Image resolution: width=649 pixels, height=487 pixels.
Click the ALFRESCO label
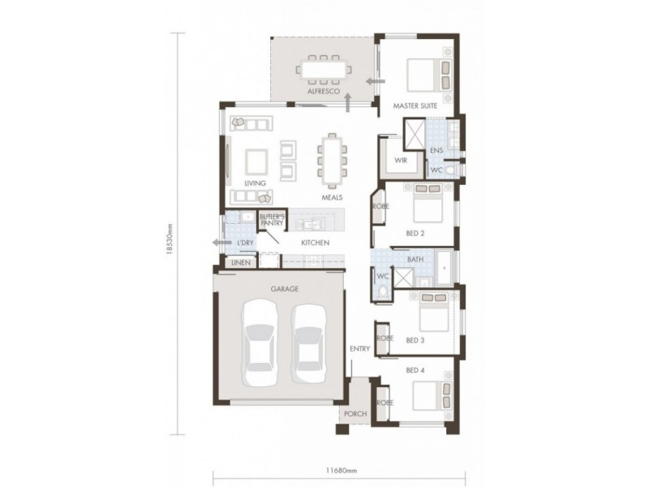pos(322,93)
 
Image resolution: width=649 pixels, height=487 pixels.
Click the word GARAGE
pos(285,288)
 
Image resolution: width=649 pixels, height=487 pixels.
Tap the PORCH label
pos(355,414)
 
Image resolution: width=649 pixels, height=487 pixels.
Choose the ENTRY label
pos(359,349)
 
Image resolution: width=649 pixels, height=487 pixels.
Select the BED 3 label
pos(415,340)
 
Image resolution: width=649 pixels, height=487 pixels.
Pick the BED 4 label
pos(415,370)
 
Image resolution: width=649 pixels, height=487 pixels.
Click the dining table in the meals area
pos(331,160)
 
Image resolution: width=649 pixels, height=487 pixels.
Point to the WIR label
pos(400,161)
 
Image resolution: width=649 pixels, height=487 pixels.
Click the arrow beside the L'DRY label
pos(218,243)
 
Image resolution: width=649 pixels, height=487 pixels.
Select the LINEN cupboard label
pos(239,263)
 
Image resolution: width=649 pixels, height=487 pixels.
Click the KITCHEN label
pos(315,243)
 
